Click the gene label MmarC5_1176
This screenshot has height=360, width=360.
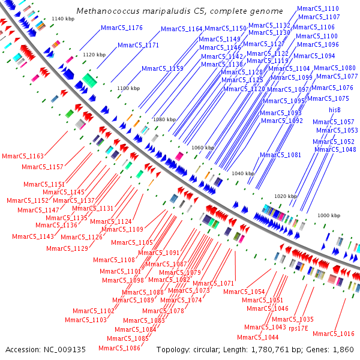click(122, 28)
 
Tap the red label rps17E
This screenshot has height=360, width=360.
click(298, 328)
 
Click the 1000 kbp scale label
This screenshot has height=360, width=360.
click(329, 215)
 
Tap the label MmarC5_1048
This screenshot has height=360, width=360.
click(335, 150)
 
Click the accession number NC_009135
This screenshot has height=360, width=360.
click(64, 349)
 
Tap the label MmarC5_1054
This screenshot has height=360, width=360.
click(244, 292)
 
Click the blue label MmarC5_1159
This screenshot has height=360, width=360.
click(163, 69)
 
